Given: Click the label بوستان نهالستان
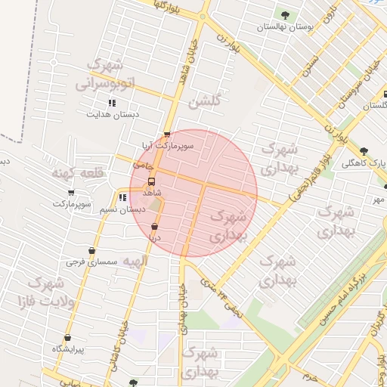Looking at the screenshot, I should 285,26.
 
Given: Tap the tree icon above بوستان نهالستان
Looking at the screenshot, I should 285,14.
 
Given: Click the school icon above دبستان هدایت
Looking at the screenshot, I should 112,103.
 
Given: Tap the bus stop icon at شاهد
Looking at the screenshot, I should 152,182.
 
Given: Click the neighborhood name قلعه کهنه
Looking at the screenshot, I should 76,174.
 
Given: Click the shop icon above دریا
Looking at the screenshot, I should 155,226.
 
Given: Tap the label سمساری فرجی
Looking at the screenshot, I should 92,262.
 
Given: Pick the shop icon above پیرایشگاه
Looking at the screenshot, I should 68,338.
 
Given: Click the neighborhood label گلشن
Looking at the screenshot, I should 206,101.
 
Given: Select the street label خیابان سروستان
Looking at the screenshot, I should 360,83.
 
